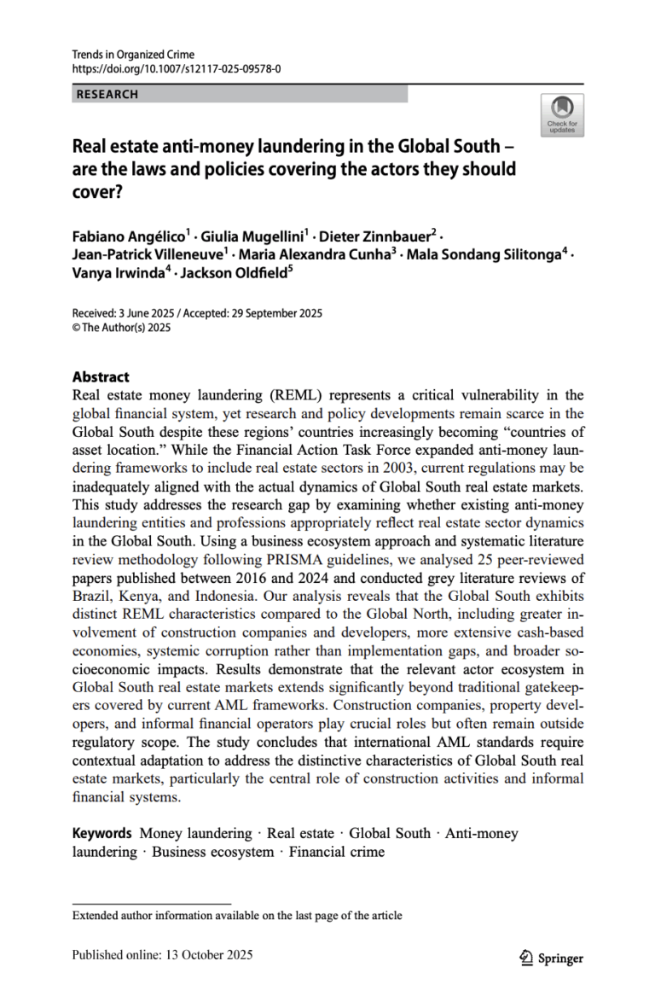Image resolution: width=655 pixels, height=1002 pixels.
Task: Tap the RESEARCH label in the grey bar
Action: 107,95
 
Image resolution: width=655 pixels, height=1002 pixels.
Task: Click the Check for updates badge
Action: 562,115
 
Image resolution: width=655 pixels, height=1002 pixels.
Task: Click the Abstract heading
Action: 101,376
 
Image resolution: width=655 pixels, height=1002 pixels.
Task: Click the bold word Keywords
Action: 101,833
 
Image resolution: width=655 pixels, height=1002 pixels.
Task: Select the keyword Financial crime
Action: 337,852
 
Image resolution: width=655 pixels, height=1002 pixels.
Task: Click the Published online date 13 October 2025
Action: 208,955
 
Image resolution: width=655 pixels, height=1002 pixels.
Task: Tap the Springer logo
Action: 552,958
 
